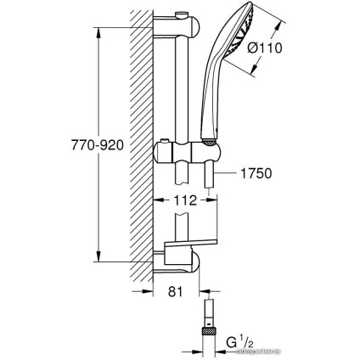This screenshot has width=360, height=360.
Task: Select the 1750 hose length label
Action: pos(252,173)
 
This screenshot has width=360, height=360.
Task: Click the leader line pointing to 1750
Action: pos(222,173)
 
